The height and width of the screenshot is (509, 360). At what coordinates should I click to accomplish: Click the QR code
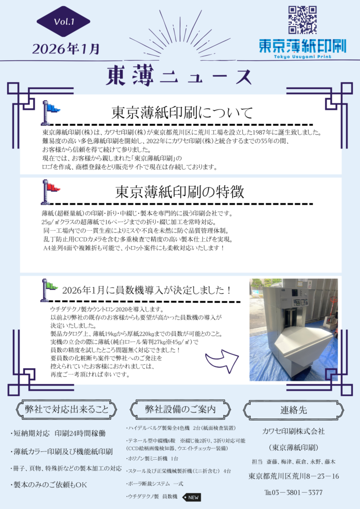[x=302, y=20]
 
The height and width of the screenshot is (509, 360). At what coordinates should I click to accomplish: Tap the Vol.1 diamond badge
[x=63, y=21]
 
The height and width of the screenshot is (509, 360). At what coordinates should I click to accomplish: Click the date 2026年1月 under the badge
[x=66, y=49]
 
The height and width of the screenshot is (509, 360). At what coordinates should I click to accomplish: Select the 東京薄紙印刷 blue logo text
[x=302, y=46]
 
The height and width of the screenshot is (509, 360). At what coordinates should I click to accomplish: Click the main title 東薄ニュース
[x=179, y=76]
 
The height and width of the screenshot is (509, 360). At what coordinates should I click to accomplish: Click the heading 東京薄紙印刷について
[x=182, y=113]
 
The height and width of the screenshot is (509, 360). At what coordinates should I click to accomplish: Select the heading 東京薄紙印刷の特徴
[x=180, y=192]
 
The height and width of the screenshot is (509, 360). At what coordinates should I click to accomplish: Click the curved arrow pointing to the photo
[x=222, y=360]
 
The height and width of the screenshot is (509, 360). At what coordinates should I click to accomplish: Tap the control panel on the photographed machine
[x=300, y=302]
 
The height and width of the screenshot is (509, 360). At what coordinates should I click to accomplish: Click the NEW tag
[x=191, y=497]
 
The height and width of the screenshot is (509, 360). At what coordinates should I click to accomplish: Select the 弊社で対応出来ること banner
[x=66, y=410]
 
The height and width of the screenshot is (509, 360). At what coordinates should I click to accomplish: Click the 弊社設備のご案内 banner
[x=180, y=410]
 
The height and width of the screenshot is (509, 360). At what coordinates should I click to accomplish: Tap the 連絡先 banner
[x=293, y=410]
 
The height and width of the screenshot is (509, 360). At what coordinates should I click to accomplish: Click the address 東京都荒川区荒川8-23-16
[x=293, y=476]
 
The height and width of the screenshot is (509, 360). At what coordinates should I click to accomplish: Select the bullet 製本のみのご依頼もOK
[x=49, y=485]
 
